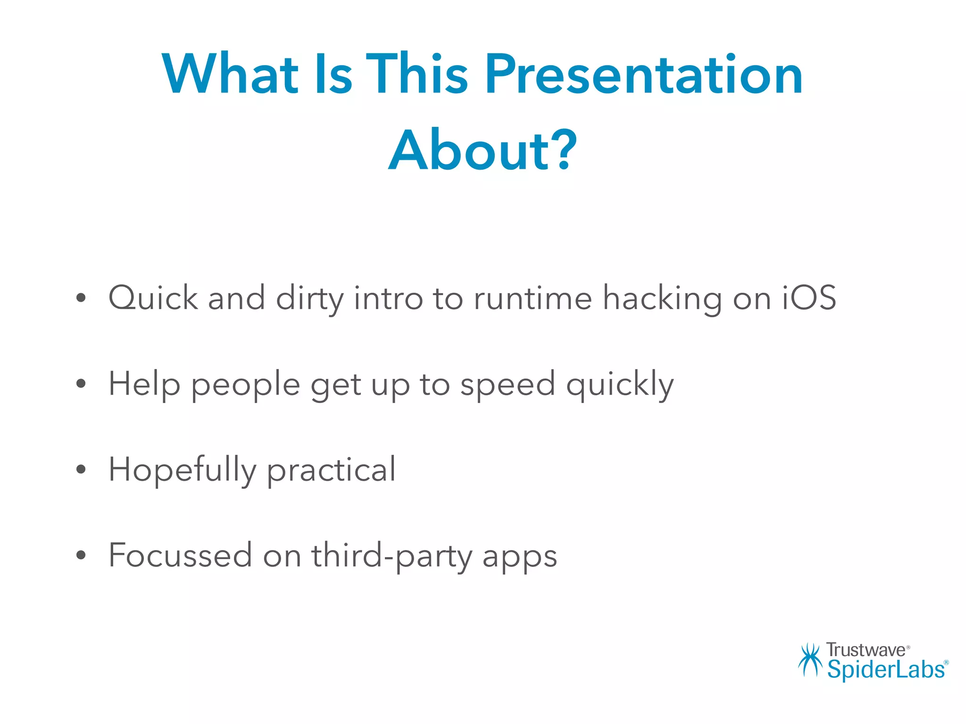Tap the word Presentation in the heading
(643, 74)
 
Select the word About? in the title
(483, 151)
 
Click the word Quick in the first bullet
(153, 298)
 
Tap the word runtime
(533, 298)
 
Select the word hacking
(662, 298)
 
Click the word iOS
(809, 298)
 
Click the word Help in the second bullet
(144, 384)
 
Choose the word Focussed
(180, 555)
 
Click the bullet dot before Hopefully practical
(81, 469)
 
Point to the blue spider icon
(810, 660)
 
